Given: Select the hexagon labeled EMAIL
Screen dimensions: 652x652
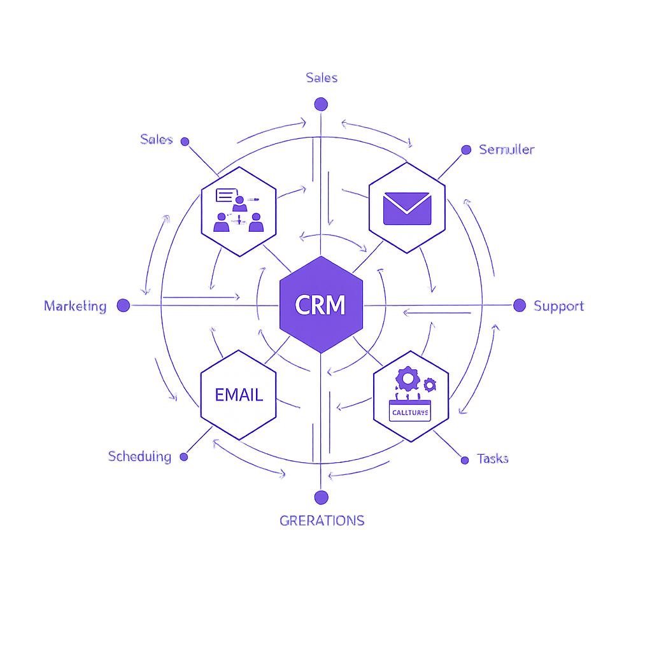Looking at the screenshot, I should (238, 394).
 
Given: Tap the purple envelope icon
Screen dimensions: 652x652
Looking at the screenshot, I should (407, 209).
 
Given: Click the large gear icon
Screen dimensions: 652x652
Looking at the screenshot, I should (407, 379).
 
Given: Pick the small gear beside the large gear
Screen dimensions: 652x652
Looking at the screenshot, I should (430, 384).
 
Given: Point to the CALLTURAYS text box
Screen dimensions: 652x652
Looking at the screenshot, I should (410, 413).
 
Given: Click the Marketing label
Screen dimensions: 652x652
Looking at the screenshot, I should (75, 306).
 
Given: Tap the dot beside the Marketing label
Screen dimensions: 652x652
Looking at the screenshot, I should (124, 306).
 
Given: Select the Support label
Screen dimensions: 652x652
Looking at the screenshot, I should (558, 306).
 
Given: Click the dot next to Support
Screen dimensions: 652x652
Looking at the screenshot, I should (520, 305).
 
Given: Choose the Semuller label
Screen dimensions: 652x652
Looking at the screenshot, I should (507, 150).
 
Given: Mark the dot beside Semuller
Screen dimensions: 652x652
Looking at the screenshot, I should (466, 150).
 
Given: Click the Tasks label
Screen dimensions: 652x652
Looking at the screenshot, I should (493, 458).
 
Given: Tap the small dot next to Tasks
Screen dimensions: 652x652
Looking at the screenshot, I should (464, 459).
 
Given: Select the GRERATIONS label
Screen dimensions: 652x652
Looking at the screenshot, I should (322, 520).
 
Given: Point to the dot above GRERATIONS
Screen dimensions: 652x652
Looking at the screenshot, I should (321, 497).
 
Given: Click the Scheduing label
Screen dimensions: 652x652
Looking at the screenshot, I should (139, 457).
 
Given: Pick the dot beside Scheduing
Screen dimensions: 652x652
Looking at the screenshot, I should (184, 457).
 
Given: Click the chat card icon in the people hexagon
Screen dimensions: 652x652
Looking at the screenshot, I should (226, 195).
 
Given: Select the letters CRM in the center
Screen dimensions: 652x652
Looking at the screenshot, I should (320, 306).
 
